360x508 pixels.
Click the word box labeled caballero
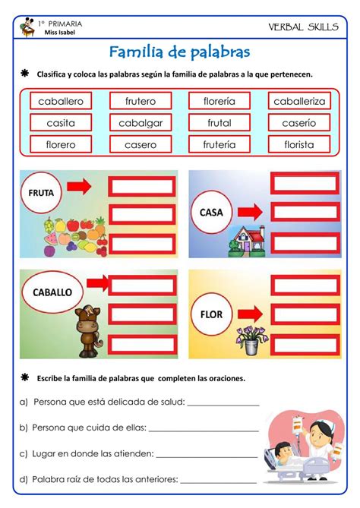pyautogui.click(x=61, y=101)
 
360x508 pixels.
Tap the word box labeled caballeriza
pyautogui.click(x=298, y=101)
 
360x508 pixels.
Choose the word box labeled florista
pyautogui.click(x=298, y=144)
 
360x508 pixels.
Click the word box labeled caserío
pyautogui.click(x=298, y=123)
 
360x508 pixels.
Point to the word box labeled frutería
pyautogui.click(x=219, y=144)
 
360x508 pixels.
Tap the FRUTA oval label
pyautogui.click(x=47, y=193)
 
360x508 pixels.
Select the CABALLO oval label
pyautogui.click(x=52, y=291)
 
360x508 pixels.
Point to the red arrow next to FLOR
pyautogui.click(x=251, y=311)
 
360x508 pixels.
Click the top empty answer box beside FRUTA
pyautogui.click(x=142, y=185)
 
